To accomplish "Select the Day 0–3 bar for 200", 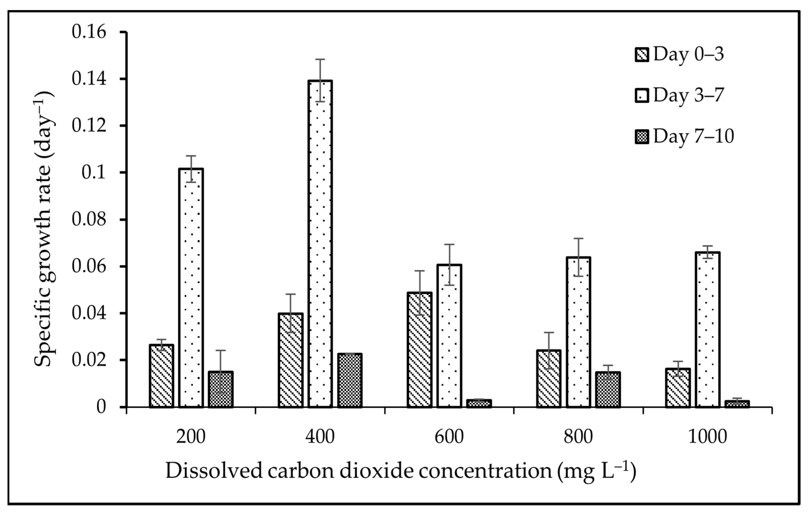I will click(162, 376).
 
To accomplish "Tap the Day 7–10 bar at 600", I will click(479, 404).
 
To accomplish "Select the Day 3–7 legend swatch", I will click(642, 96).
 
